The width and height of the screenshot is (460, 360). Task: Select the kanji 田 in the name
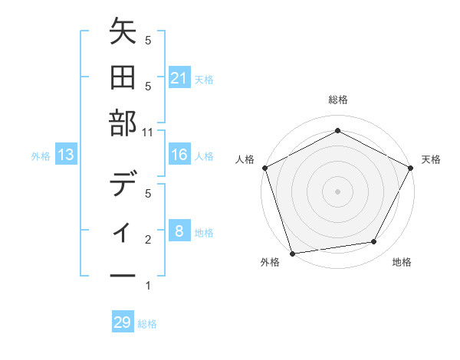(123, 78)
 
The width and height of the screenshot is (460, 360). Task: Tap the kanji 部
(123, 123)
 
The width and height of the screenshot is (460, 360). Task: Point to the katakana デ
(123, 185)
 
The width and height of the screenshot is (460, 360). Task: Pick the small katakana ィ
(123, 231)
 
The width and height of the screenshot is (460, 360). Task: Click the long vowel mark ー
(123, 274)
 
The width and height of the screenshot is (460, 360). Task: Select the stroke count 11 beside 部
(149, 132)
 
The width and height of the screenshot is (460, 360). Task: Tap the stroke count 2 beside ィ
(148, 240)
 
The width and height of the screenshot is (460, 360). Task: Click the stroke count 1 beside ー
(148, 286)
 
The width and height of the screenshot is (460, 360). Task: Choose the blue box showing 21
(179, 78)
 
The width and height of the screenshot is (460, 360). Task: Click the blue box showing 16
(179, 155)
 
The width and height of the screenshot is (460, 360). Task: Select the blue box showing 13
(66, 155)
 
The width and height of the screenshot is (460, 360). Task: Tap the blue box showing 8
(179, 231)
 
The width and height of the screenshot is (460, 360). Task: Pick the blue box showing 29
(123, 322)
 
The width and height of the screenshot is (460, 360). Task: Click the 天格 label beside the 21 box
(204, 79)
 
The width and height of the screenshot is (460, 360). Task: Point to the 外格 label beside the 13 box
(41, 156)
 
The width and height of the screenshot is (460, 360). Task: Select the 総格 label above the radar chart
(337, 100)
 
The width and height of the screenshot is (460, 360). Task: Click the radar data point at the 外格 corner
(292, 253)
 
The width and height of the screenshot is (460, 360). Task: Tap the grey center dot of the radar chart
(337, 191)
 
